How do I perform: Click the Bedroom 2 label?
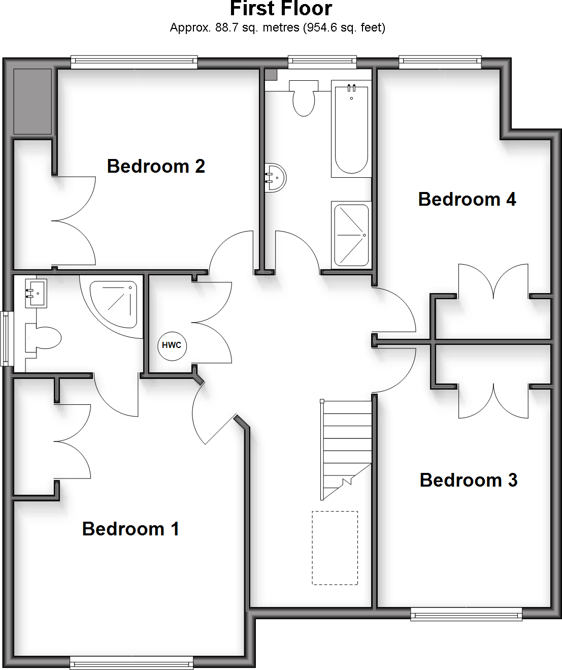point(156,166)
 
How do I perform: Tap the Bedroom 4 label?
point(467,199)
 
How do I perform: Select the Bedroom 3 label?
point(469,480)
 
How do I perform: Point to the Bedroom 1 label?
point(130,529)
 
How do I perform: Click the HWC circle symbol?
point(172,345)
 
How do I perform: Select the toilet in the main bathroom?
point(304,99)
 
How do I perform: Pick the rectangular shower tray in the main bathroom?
point(351,235)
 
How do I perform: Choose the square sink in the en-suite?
point(36,293)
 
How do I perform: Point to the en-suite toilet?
point(43,338)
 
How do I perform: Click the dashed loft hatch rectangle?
point(335,548)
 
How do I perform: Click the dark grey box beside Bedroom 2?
point(32,102)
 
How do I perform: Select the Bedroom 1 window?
point(131,662)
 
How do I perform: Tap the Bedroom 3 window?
point(466,614)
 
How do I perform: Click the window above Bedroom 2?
point(134,62)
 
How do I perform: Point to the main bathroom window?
point(322,62)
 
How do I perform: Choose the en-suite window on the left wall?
point(6,338)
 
